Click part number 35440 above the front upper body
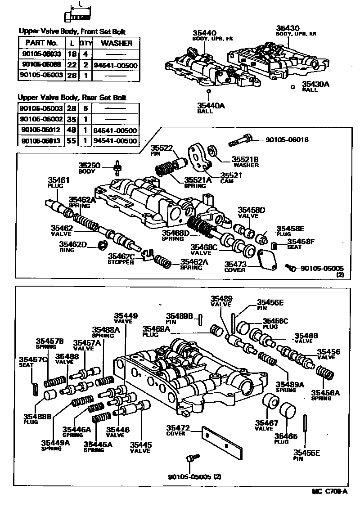[x=205, y=33]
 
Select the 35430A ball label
[x=316, y=84]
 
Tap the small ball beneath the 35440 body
[x=209, y=91]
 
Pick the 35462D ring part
[x=102, y=245]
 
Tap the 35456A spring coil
[x=325, y=375]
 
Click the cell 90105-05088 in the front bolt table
[x=41, y=65]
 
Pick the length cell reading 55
[x=71, y=141]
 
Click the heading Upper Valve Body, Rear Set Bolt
[x=72, y=97]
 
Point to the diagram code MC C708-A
[x=330, y=491]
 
